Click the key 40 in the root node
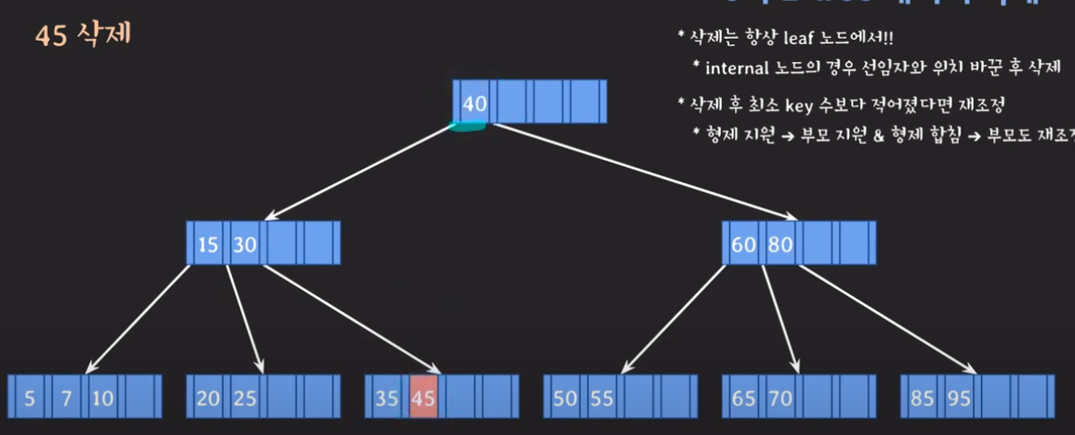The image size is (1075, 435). click(x=475, y=104)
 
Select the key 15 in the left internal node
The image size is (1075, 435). click(x=208, y=245)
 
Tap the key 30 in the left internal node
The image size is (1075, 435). click(x=244, y=245)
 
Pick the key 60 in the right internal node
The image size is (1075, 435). click(x=744, y=245)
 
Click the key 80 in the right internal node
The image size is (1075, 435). click(x=780, y=245)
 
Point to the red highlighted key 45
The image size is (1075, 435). click(x=423, y=398)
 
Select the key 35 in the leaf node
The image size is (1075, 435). click(x=386, y=398)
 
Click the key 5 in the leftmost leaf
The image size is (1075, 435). click(x=30, y=398)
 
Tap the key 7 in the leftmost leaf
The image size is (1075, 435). click(x=66, y=398)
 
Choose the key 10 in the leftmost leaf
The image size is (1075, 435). click(x=103, y=398)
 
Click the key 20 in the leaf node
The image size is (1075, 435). click(x=208, y=398)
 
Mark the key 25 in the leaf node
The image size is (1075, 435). click(x=244, y=398)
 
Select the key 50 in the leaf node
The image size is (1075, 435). click(x=565, y=398)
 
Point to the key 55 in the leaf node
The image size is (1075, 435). click(x=602, y=398)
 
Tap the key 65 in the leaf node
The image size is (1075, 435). click(x=744, y=398)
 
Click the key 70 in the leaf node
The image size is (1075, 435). click(x=780, y=398)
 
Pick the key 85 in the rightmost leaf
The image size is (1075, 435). click(x=923, y=398)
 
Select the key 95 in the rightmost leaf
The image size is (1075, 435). click(x=959, y=398)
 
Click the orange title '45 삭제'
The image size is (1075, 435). click(x=83, y=38)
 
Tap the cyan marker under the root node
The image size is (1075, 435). click(x=467, y=128)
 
